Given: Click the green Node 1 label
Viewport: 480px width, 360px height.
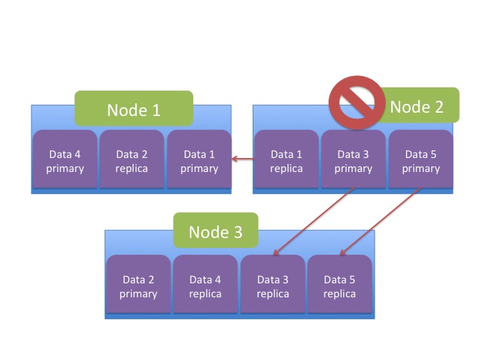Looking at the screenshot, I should (x=133, y=109).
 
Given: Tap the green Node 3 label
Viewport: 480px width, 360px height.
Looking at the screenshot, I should (x=215, y=231).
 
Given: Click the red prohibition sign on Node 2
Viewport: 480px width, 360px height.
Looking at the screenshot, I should (x=357, y=102).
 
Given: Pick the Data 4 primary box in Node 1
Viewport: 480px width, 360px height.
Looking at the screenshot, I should (x=65, y=161).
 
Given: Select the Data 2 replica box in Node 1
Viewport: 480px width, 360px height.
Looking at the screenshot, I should (x=131, y=161).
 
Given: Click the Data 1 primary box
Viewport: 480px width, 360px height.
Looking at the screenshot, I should (x=199, y=161).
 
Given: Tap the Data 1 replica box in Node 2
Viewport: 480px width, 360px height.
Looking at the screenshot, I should (x=286, y=161).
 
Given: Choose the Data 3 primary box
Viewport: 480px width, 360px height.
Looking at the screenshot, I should (x=353, y=161).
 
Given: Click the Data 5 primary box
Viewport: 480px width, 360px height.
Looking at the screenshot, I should (x=421, y=161).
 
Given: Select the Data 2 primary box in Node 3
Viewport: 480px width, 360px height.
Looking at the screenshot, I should (x=138, y=287).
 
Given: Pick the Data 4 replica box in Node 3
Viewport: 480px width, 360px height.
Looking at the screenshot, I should (x=205, y=287).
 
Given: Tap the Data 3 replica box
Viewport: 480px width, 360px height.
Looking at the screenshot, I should (x=273, y=287).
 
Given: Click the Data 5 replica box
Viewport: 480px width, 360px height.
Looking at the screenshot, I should (x=339, y=287).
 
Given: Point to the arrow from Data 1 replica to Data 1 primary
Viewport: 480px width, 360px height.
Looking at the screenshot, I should (x=243, y=159).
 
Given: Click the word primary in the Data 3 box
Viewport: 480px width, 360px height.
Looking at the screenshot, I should (x=353, y=169).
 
